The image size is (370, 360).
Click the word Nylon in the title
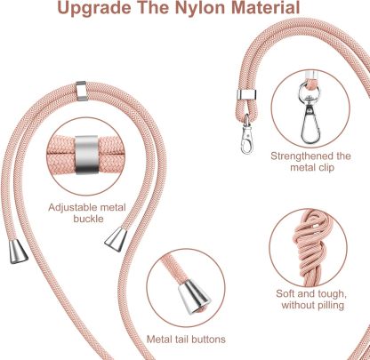(199, 8)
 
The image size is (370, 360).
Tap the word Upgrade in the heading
(93, 9)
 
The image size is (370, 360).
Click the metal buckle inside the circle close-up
(86, 155)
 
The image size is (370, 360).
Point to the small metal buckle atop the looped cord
(81, 91)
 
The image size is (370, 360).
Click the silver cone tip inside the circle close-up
(194, 297)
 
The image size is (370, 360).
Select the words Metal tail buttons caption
(186, 339)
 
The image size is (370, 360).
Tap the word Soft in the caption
(286, 293)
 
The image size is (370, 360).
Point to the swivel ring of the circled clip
(310, 90)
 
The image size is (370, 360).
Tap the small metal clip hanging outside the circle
(246, 135)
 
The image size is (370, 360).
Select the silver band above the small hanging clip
(246, 95)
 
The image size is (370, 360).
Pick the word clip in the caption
(326, 168)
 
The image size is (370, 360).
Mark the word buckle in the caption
(88, 219)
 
